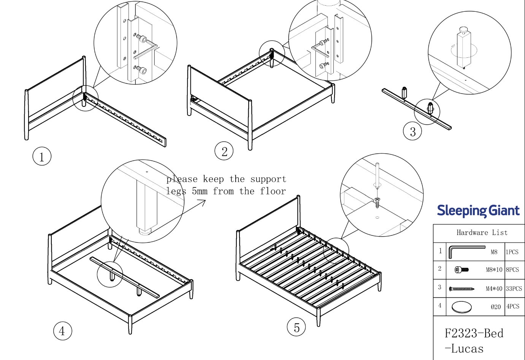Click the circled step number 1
(x=42, y=156)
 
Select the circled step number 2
(x=224, y=151)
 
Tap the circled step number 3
(x=412, y=132)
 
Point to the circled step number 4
(x=62, y=331)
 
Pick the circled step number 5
(x=296, y=327)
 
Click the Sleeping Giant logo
(x=478, y=211)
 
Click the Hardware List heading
(x=482, y=233)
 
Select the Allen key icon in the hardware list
(x=466, y=251)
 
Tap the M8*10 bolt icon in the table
(x=462, y=270)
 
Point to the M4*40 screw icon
(x=462, y=289)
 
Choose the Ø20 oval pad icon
(x=462, y=306)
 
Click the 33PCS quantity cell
(x=514, y=289)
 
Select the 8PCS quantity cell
(x=512, y=270)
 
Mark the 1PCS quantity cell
(x=512, y=252)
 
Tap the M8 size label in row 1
(x=494, y=252)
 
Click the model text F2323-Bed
(x=474, y=333)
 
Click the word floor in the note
(x=273, y=191)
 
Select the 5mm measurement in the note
(x=200, y=191)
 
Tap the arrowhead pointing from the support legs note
(x=204, y=201)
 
